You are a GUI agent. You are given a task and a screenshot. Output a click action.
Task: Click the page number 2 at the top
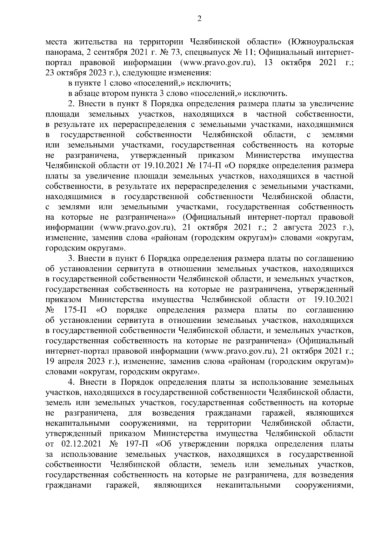click(199, 19)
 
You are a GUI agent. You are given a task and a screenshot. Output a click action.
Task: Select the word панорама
click(60, 52)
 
